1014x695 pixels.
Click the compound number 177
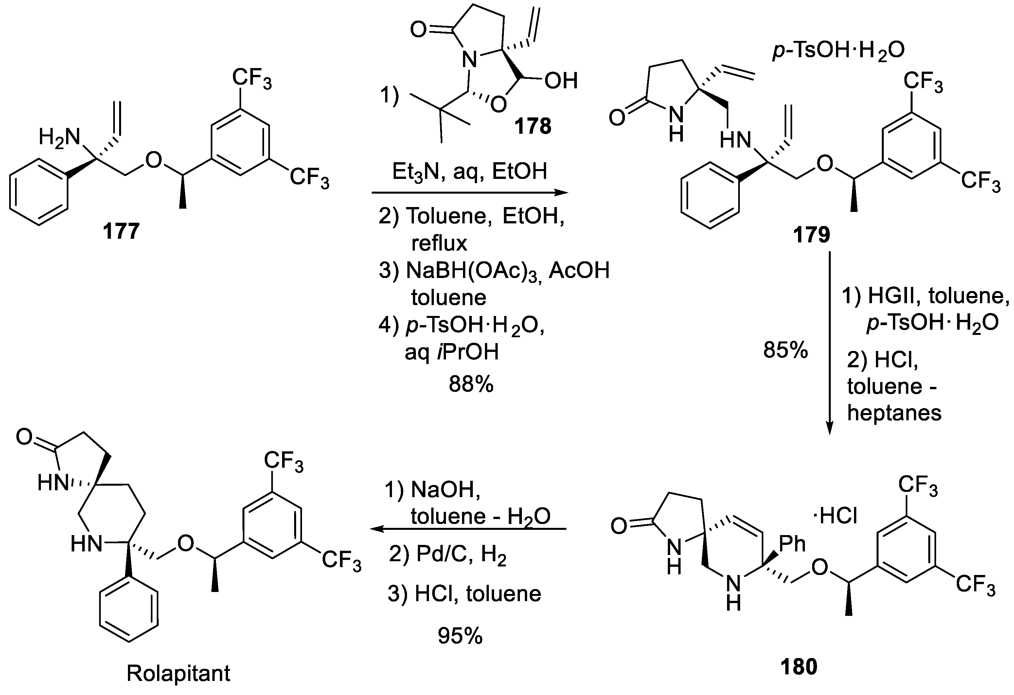pos(121,231)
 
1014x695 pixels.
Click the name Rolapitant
pos(178,673)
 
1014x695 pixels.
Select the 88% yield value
pos(471,385)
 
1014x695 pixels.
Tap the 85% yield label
pos(785,350)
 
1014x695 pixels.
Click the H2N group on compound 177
pos(59,138)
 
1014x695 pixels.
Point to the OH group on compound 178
pos(561,81)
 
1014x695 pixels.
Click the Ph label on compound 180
pos(792,544)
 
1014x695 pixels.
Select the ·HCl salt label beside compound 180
pos(835,517)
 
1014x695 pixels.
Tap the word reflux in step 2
pos(439,243)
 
